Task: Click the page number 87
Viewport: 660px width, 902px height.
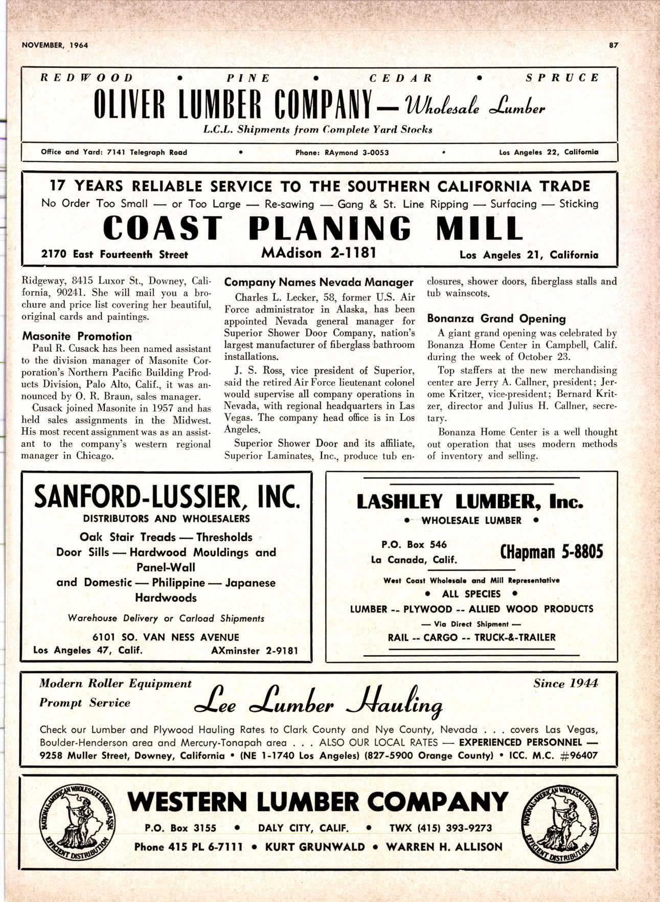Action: tap(614, 45)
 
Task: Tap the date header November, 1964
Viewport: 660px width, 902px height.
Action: tap(55, 45)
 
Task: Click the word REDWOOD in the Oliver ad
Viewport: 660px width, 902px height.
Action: tap(87, 78)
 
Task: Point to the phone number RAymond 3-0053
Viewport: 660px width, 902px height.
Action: tap(356, 152)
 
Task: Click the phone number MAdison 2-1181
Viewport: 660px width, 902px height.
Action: tap(319, 252)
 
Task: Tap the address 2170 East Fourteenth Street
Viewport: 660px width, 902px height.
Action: tap(115, 255)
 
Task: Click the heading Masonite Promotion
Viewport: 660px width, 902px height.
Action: tap(77, 336)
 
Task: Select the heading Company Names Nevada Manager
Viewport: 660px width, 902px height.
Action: tap(318, 282)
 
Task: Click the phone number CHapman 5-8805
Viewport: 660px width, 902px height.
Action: tap(552, 552)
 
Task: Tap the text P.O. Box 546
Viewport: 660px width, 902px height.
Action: tap(414, 544)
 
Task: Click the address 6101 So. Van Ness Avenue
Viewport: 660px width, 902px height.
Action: tap(166, 637)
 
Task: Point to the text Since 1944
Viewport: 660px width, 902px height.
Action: tap(565, 684)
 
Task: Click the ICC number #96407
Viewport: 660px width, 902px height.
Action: tap(578, 756)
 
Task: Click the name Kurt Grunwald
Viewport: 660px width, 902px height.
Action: tap(315, 847)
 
